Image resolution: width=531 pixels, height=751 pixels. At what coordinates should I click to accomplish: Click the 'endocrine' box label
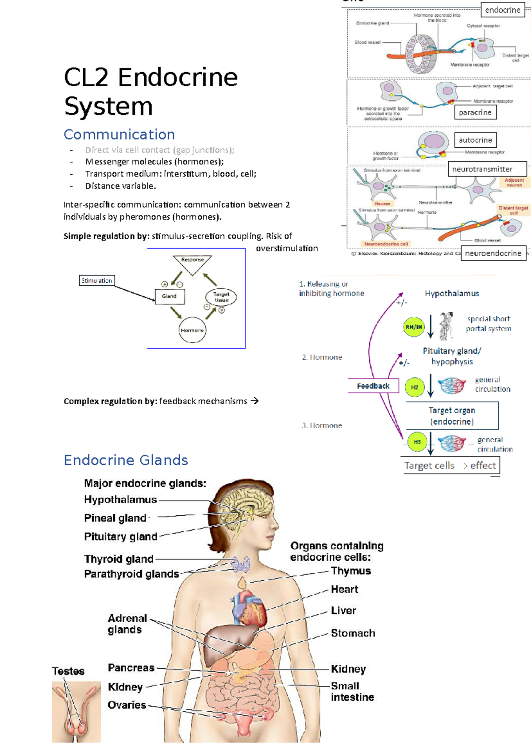pos(503,10)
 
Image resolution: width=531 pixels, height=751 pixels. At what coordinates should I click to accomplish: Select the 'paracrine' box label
pos(475,112)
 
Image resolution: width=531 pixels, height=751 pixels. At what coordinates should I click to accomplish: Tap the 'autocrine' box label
pos(475,140)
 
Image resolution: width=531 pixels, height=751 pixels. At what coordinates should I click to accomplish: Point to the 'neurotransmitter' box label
pos(482,169)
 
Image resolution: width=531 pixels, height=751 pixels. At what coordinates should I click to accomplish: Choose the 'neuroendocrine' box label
pos(493,253)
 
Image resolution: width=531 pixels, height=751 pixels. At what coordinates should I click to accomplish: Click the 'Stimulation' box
pos(97,280)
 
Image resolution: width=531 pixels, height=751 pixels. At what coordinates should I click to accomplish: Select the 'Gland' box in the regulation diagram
pos(169,296)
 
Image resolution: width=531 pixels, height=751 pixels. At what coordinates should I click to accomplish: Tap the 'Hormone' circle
pos(192,330)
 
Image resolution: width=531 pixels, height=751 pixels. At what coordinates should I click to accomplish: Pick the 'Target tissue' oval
pos(221,297)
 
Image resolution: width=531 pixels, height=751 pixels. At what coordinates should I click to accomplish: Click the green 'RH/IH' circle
pos(414,327)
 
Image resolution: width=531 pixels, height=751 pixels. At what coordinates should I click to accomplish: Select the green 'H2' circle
pos(415,387)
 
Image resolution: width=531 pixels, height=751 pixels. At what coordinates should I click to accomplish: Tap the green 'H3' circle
pos(417,442)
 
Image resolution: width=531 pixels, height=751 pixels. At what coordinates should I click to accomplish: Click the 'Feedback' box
pos(373,386)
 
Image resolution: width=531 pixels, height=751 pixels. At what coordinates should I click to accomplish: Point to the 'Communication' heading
pos(119,134)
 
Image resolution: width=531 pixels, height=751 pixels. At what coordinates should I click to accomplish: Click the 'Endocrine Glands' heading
pos(126,460)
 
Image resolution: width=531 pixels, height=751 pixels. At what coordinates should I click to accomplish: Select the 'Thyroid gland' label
pos(119,559)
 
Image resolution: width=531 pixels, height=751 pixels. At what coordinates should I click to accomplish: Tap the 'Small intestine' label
pos(352,692)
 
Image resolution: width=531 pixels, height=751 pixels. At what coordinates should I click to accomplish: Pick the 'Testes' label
pos(68,671)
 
